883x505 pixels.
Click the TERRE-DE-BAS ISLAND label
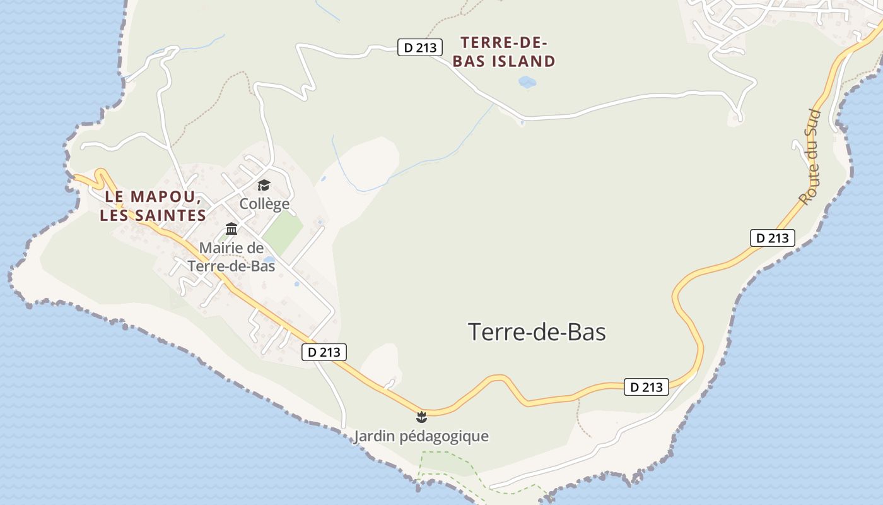[x=508, y=52]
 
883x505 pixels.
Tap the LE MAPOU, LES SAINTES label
[x=153, y=206]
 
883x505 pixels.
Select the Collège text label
[x=264, y=204]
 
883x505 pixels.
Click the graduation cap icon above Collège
[x=264, y=185]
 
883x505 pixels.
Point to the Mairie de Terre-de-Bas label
[x=231, y=257]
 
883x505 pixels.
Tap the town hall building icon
[x=231, y=229]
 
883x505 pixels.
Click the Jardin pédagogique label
[x=421, y=436]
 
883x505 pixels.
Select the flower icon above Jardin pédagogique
[x=421, y=417]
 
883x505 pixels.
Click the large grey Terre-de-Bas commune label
[x=537, y=332]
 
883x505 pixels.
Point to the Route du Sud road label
[x=809, y=157]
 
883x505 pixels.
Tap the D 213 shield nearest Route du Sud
[x=772, y=238]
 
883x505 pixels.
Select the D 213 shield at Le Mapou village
[x=324, y=352]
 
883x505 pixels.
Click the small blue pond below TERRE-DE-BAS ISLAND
[x=527, y=82]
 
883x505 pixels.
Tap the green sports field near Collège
[x=283, y=232]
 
